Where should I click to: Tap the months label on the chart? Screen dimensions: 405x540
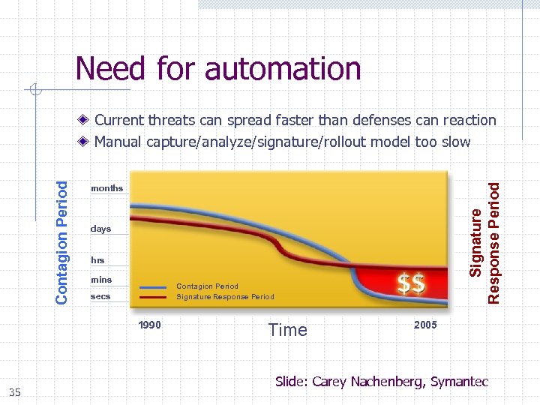106,188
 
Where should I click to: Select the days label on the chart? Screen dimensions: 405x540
100,229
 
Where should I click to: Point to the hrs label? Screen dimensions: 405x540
97,260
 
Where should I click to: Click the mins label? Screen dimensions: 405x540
101,280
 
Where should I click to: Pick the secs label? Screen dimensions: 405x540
100,296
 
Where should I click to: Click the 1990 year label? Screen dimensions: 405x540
149,325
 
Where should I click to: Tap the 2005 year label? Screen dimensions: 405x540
425,325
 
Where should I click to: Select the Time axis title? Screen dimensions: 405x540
287,330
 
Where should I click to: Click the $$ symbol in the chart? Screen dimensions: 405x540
412,284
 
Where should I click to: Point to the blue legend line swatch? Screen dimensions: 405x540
153,286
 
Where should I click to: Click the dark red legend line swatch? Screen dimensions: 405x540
153,297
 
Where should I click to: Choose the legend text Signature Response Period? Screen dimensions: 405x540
225,297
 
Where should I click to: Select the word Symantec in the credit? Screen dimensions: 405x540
459,382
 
